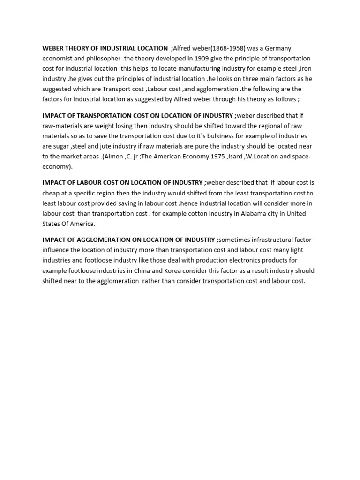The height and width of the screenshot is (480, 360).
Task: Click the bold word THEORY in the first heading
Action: (x=75, y=48)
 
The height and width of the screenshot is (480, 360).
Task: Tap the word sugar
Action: (x=62, y=146)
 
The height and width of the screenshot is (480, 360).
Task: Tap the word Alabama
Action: (x=243, y=213)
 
